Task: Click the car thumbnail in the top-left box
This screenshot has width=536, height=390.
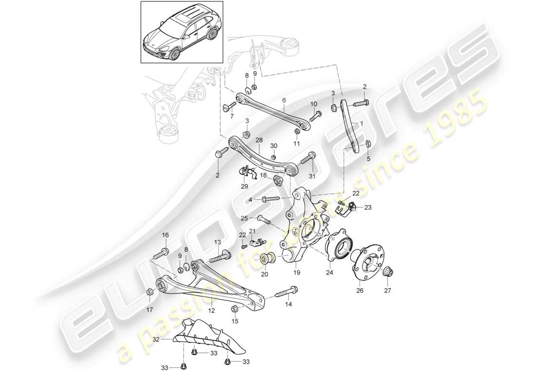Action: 182,32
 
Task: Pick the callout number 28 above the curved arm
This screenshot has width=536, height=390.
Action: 259,140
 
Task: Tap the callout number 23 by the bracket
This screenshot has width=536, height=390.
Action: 367,207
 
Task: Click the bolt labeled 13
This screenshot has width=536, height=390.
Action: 222,254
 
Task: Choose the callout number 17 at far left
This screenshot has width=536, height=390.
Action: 149,310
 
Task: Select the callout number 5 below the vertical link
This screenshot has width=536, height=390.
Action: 368,158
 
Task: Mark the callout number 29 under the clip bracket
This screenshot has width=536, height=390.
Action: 244,186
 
